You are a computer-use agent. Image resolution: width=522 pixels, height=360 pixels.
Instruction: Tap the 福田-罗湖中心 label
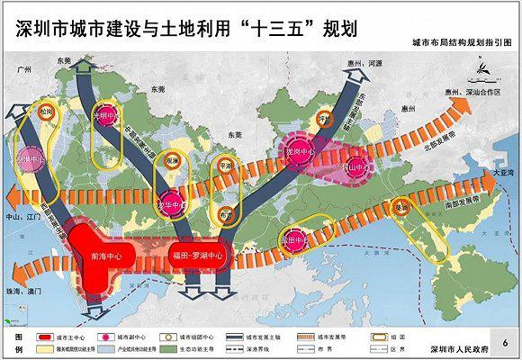click(x=200, y=255)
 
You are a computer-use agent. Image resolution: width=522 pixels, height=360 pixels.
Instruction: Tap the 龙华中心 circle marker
click(x=168, y=203)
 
